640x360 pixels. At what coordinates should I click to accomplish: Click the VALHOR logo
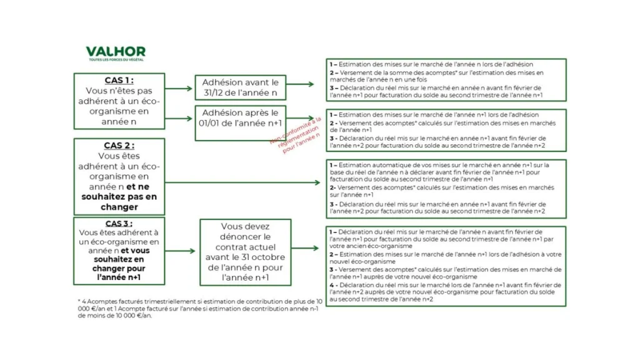click(116, 51)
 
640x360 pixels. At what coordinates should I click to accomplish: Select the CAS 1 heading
click(119, 80)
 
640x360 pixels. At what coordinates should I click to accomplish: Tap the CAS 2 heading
click(119, 145)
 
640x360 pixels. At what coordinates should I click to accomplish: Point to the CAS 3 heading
click(119, 223)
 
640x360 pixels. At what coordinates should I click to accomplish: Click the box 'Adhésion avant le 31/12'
click(240, 87)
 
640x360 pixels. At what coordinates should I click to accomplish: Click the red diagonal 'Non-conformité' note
click(296, 132)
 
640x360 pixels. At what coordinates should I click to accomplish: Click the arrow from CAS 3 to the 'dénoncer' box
click(182, 251)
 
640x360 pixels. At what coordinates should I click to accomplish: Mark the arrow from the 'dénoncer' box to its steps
click(308, 248)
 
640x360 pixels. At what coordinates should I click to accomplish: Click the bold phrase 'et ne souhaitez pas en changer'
click(119, 196)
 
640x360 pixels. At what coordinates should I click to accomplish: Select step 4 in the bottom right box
click(444, 292)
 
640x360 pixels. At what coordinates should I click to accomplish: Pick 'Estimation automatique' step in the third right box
click(444, 172)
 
